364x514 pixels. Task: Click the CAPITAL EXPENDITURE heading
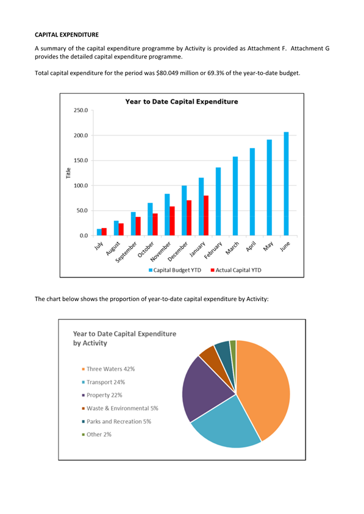[66, 35]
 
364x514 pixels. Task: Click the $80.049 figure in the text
[167, 73]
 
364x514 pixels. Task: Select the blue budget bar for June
[287, 184]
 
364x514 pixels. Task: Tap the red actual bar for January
[206, 216]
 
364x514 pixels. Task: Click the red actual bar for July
[104, 232]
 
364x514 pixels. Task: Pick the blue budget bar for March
[235, 196]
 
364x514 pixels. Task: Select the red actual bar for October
[155, 224]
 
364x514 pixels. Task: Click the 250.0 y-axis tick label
[80, 110]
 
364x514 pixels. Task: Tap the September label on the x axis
[126, 252]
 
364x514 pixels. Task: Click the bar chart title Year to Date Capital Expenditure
[182, 102]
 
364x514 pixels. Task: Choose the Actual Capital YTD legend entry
[236, 270]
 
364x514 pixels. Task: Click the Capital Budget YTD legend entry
[175, 270]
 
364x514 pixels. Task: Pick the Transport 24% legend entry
[103, 382]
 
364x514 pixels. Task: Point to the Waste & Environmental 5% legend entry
[120, 409]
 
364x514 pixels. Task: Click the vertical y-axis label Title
[68, 173]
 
